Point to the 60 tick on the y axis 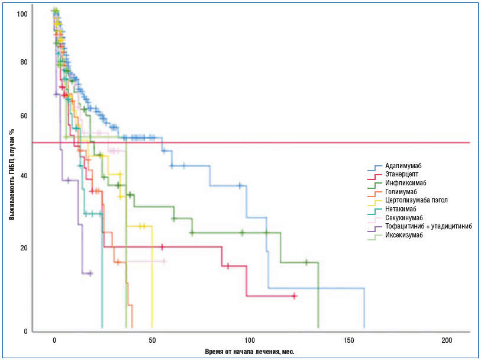24,116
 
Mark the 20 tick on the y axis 24,247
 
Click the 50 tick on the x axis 152,340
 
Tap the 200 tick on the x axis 447,340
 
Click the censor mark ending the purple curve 91,273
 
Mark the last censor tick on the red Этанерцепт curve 294,296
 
